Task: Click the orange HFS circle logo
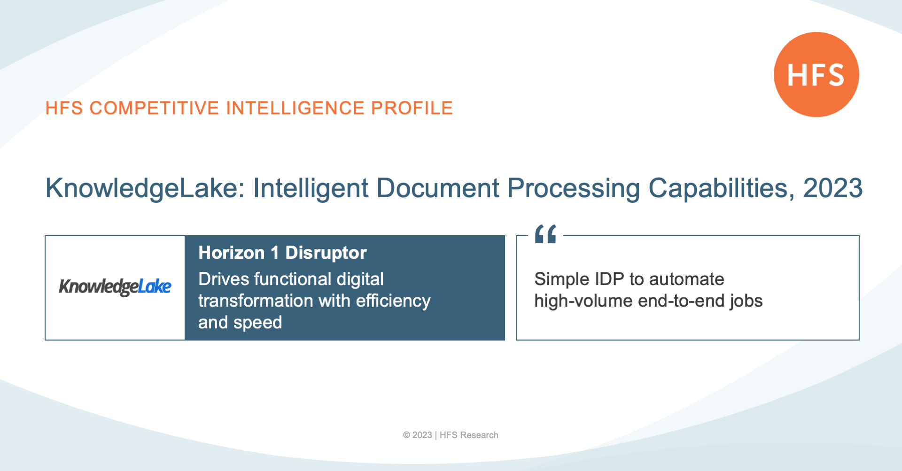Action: [816, 75]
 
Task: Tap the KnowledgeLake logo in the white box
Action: [115, 286]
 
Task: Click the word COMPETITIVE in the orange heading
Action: [154, 108]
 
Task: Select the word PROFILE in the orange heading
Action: [412, 108]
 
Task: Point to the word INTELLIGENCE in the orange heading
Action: [295, 108]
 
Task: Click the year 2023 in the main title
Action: [832, 188]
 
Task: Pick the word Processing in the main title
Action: [573, 188]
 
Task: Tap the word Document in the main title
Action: [437, 188]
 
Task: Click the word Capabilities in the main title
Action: [721, 188]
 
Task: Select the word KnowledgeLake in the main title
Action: [145, 188]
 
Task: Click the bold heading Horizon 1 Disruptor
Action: [282, 253]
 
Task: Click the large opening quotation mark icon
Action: [545, 234]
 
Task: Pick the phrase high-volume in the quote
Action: [583, 301]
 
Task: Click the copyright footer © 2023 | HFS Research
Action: [451, 435]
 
